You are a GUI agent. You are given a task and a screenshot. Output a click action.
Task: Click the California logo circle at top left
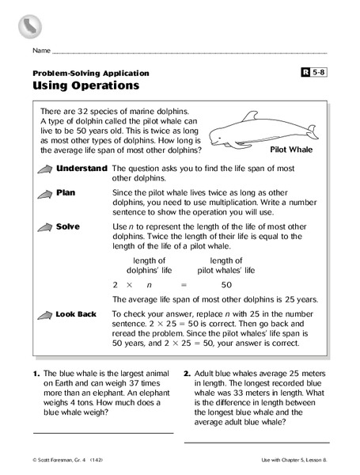click(31, 25)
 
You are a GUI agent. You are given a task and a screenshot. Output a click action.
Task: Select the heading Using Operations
click(85, 85)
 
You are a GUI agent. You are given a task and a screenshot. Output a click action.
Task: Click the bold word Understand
click(81, 169)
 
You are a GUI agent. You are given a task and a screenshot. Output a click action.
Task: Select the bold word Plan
click(66, 192)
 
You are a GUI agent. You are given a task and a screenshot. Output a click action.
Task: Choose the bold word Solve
click(68, 226)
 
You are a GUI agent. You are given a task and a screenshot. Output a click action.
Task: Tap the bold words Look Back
click(76, 314)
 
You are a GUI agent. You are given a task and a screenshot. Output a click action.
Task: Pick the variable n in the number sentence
click(150, 284)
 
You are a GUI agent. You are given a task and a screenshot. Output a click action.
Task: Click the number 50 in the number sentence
click(226, 284)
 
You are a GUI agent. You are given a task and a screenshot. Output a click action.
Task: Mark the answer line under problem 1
click(103, 433)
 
